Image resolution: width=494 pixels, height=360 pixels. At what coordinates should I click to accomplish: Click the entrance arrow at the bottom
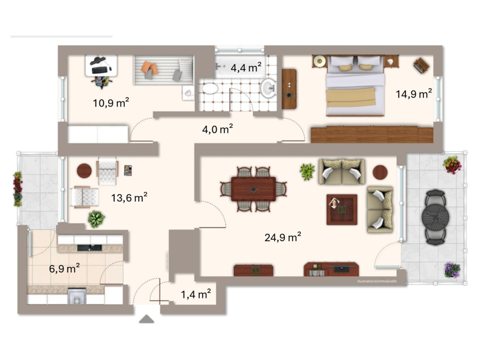point(147,318)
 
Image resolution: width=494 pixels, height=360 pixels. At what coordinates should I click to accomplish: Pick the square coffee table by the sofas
point(341,209)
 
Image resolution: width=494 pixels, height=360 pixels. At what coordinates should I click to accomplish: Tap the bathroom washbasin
point(269,88)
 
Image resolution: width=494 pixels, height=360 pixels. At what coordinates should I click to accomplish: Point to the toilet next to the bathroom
point(187,93)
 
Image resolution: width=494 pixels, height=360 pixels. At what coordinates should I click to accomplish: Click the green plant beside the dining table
point(307,172)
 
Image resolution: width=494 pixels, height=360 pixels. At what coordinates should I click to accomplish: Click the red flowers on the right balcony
point(452,165)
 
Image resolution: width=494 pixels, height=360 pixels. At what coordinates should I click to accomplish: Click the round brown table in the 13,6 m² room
point(85,170)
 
